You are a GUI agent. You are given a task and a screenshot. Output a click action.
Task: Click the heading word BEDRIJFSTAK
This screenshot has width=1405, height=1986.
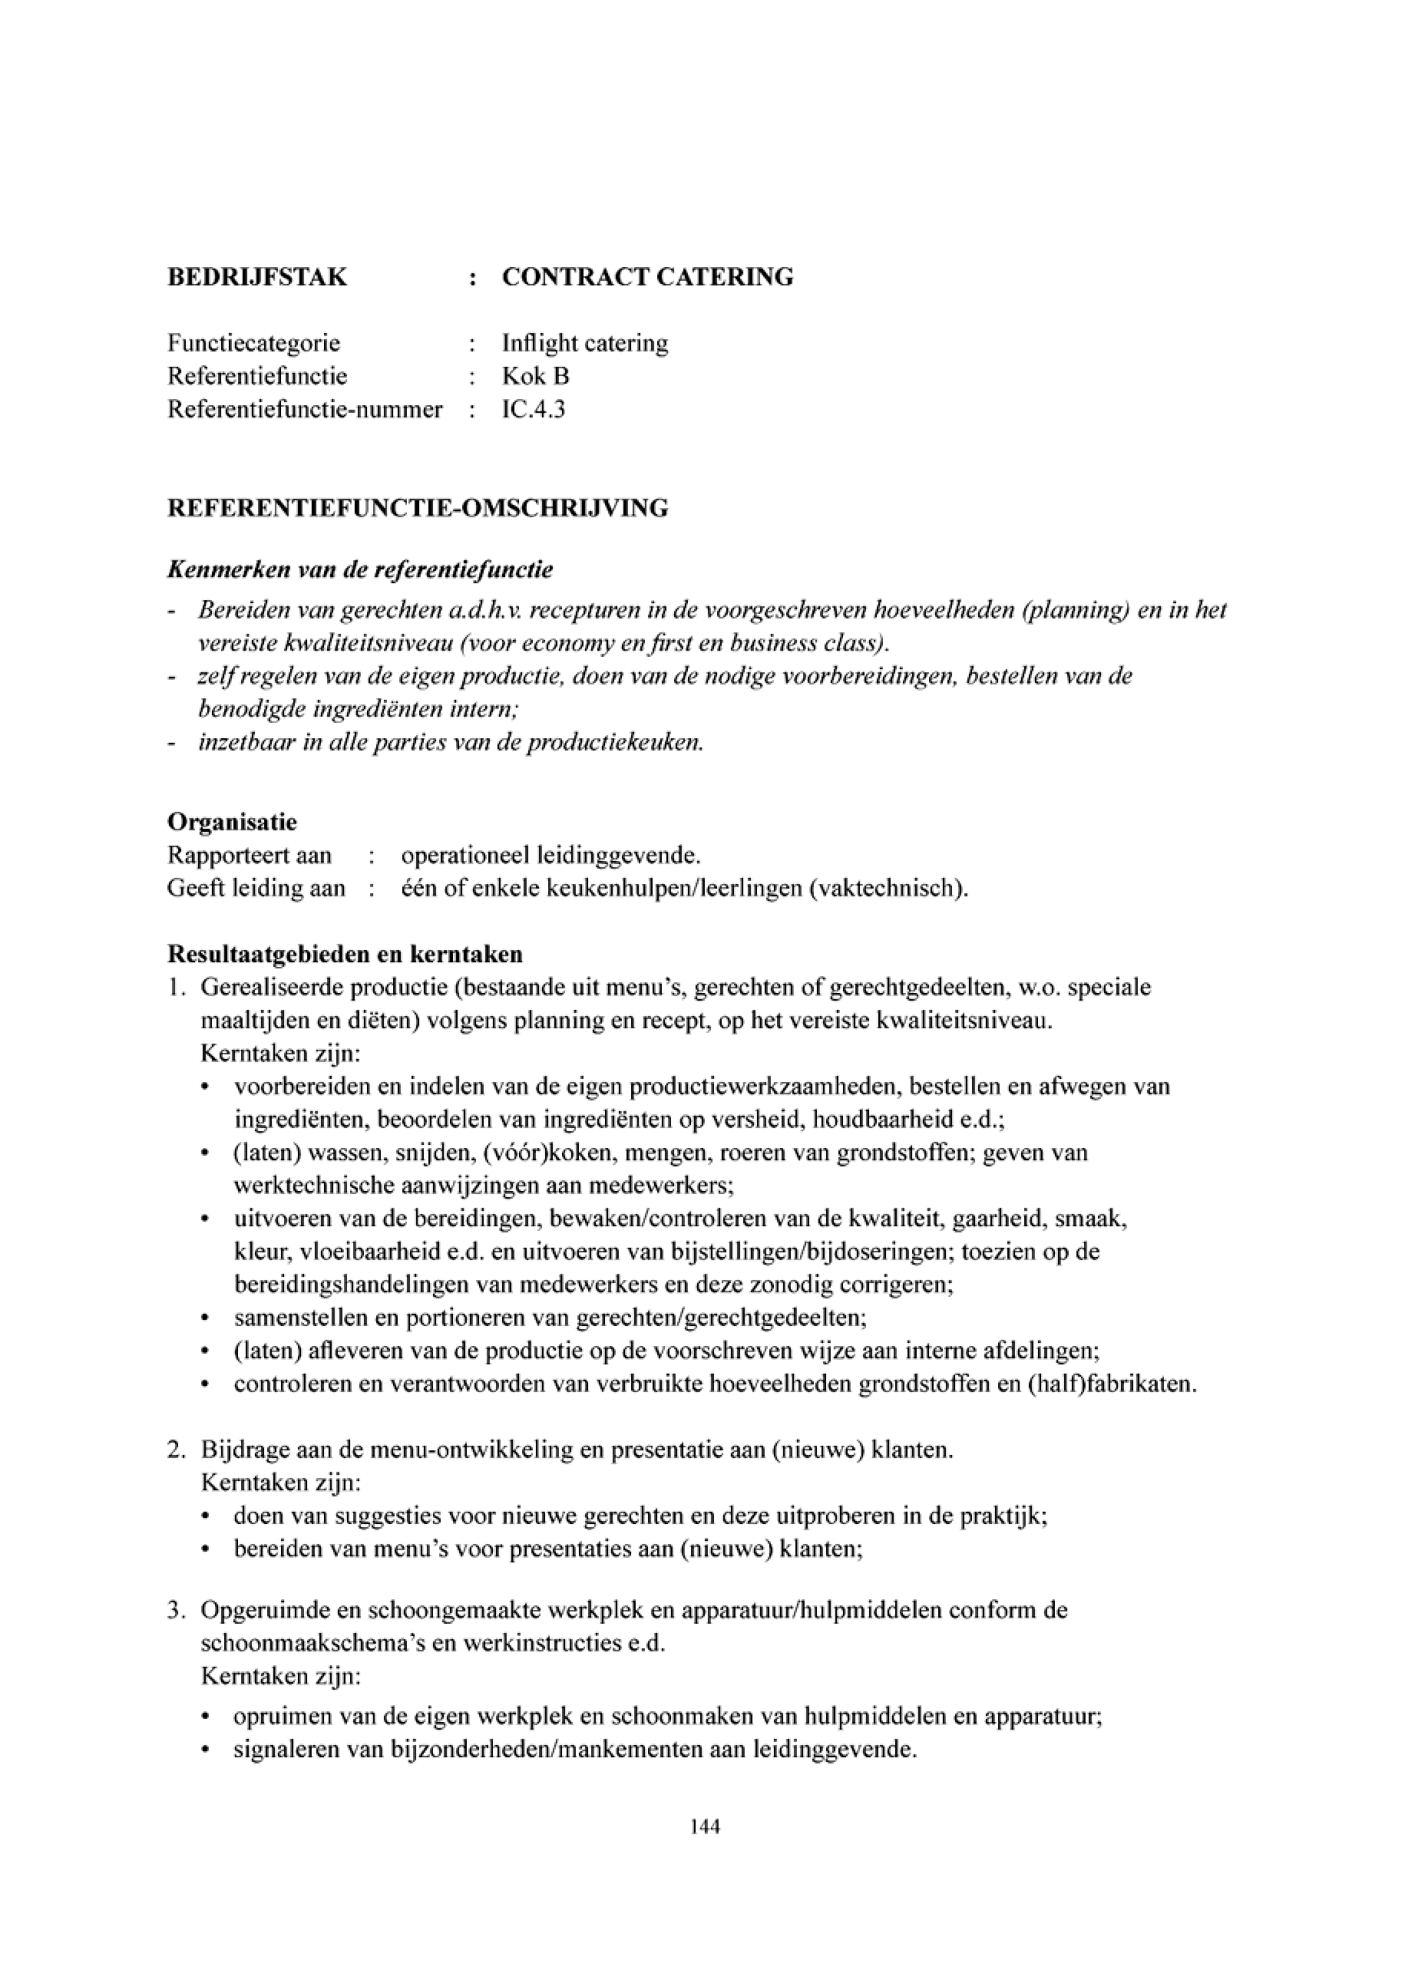point(257,278)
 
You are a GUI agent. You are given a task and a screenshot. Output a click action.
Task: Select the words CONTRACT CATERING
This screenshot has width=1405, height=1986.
point(647,278)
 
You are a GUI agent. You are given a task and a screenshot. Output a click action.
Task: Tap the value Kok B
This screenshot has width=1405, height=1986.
point(536,376)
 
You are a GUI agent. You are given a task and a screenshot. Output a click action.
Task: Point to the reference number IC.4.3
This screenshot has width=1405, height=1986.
point(533,409)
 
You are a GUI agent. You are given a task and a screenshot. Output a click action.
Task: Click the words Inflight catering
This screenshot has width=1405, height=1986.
point(585,343)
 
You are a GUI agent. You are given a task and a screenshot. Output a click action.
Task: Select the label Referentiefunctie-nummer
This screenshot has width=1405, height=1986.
point(305,409)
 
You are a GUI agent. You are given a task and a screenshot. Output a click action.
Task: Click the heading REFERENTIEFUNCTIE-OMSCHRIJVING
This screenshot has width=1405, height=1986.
point(417,508)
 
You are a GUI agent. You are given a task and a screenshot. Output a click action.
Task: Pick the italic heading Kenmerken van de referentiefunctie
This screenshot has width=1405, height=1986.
point(360,570)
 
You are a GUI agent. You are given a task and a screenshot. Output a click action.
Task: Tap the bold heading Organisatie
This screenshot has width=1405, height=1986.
point(232,821)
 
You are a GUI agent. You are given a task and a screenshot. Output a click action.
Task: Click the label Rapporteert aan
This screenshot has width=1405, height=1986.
point(250,856)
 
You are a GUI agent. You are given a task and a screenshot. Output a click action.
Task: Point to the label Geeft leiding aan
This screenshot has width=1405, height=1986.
point(256,889)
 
